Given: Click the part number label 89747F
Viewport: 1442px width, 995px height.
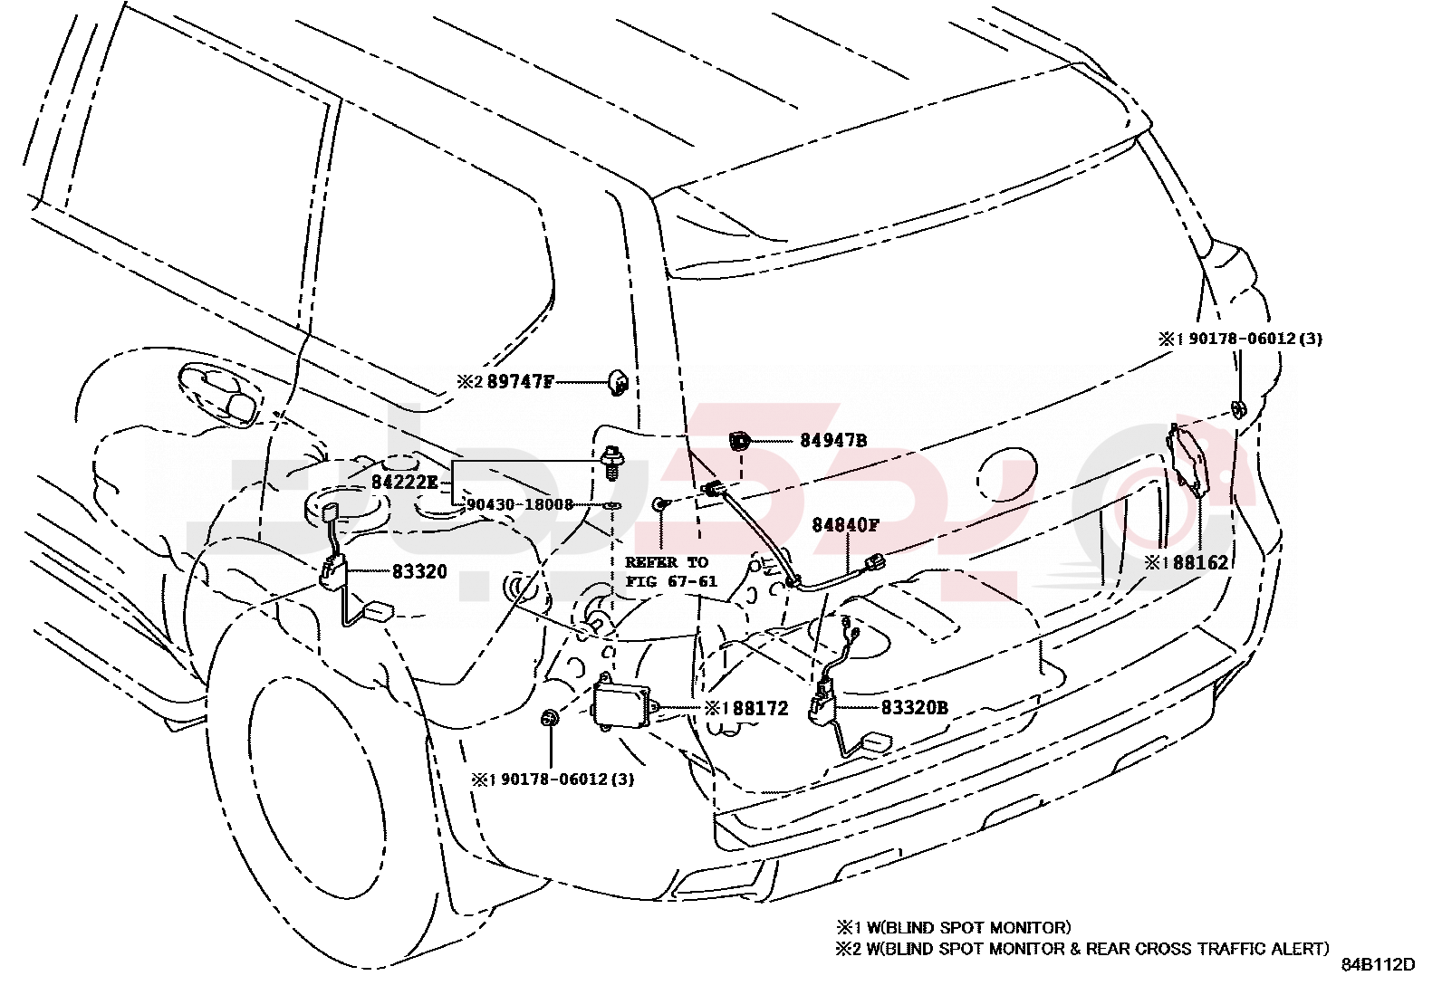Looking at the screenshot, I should (520, 381).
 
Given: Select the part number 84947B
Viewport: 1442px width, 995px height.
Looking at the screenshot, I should (832, 441).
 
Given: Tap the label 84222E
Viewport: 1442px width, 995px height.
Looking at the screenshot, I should (404, 483).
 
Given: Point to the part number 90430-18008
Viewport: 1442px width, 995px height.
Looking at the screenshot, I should (520, 504).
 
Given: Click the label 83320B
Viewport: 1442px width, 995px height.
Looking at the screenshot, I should (914, 708).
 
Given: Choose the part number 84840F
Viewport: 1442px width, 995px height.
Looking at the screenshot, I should (845, 525).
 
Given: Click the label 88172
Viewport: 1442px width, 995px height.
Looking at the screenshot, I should (760, 708).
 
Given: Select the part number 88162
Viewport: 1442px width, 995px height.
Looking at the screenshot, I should (1200, 562).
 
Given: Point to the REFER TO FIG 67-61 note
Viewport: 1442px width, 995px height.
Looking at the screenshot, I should (671, 571).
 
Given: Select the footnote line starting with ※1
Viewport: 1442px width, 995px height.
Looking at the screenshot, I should (953, 927).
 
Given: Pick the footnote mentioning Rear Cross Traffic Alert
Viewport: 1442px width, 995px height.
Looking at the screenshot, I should (1082, 949).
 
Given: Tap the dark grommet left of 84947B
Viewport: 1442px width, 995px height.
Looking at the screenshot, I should (740, 442).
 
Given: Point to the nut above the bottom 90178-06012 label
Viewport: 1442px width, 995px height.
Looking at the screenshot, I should (550, 720).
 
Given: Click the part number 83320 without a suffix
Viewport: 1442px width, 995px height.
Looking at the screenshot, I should (419, 572).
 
